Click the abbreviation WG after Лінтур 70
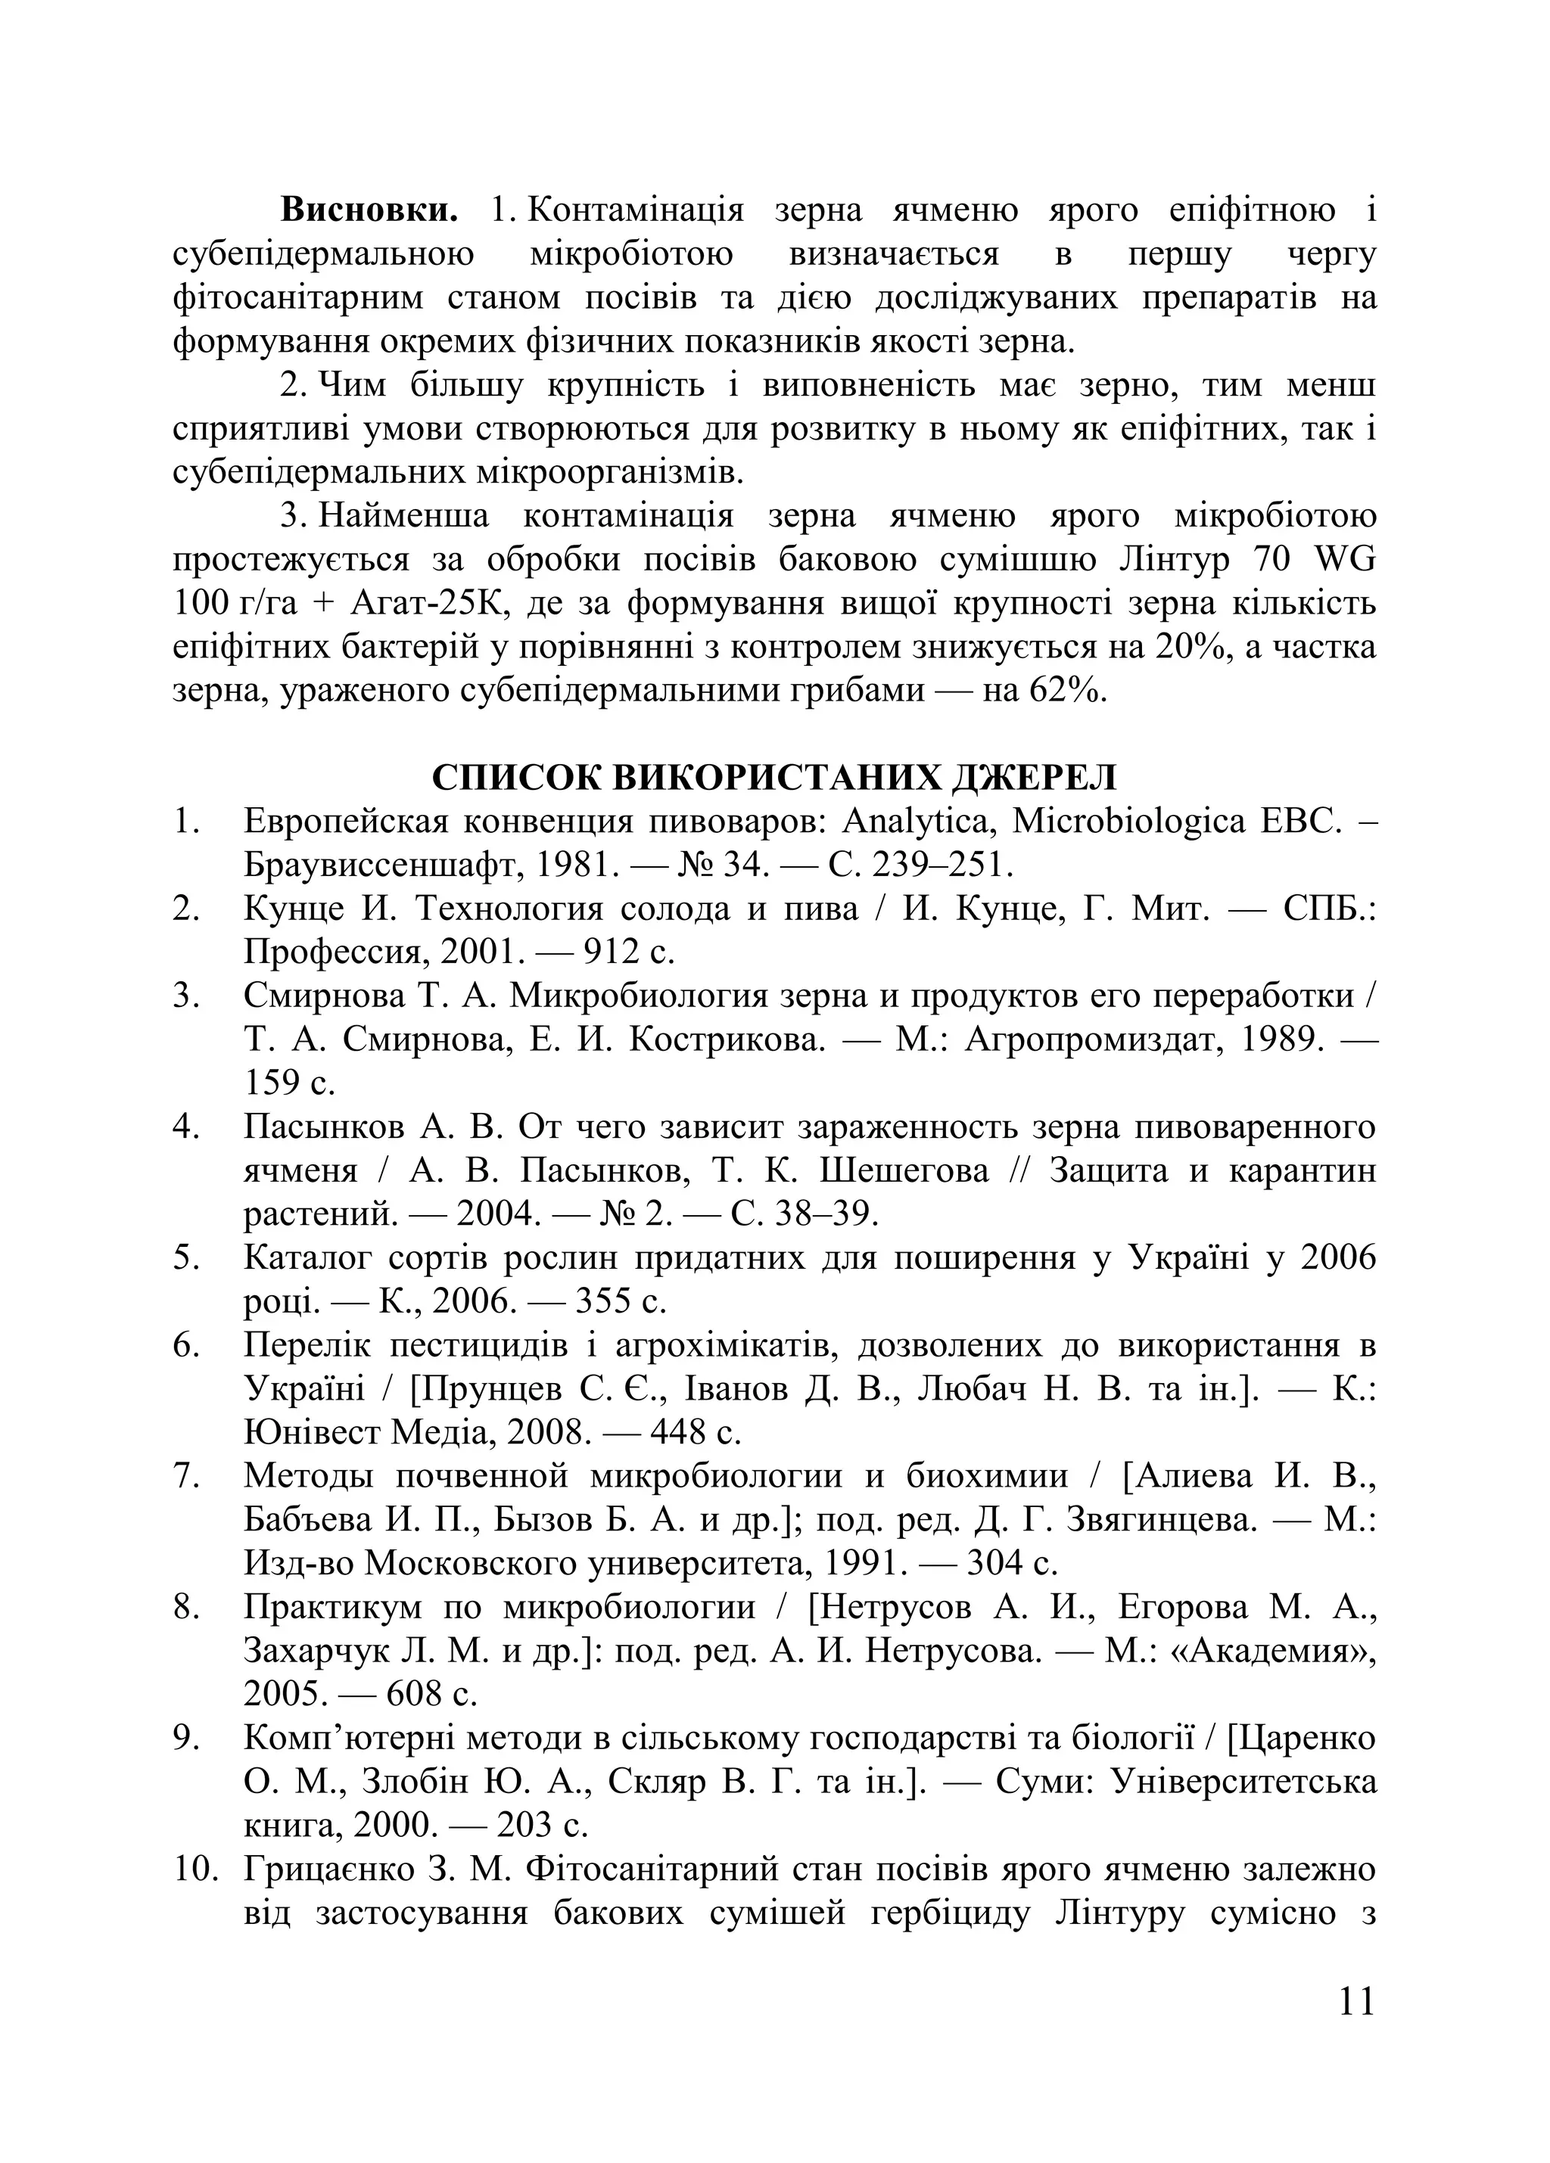click(x=1345, y=559)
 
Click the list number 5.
click(x=184, y=1258)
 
